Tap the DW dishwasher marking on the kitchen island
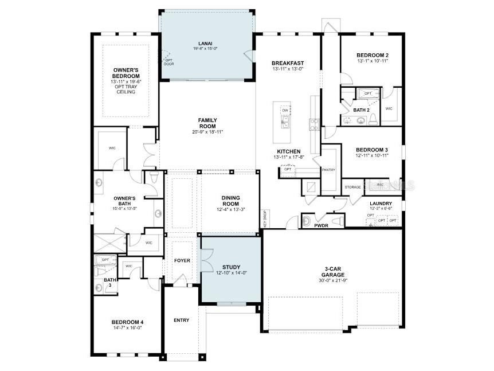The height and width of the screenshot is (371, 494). pos(285,110)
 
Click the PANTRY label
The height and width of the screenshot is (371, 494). pos(328,170)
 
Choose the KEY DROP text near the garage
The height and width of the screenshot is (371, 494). pos(265,218)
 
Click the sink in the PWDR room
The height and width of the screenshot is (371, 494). pos(306,221)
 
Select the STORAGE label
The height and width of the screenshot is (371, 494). pos(352,188)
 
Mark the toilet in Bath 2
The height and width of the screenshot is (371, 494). pos(373,119)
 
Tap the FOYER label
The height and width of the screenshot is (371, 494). pos(182,260)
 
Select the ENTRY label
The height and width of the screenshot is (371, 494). pos(181,320)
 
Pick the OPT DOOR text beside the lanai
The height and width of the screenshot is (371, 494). pos(168,62)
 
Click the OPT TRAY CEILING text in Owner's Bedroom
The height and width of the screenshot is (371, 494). pos(126,89)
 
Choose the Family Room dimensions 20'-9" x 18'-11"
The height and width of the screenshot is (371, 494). pos(207,132)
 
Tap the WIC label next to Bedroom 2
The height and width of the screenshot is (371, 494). pos(389,108)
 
